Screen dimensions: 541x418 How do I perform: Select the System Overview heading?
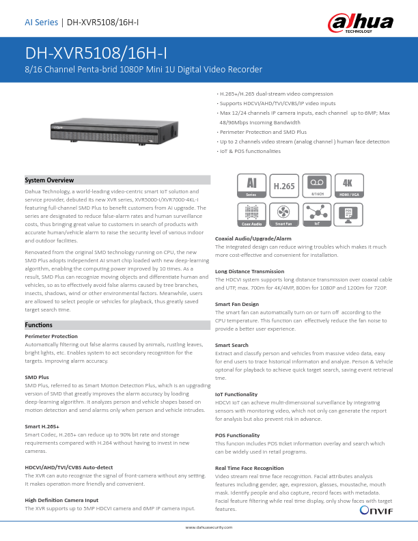49,180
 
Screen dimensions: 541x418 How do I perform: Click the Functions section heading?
38,325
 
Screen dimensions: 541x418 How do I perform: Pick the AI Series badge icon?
251,185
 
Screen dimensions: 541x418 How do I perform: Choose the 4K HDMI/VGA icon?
350,185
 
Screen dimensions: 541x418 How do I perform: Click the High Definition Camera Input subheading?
58,501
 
